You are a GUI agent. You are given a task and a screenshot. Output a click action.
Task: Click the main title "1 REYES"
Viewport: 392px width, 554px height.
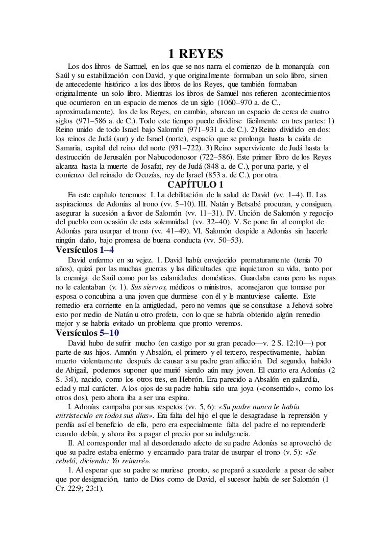point(196,54)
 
